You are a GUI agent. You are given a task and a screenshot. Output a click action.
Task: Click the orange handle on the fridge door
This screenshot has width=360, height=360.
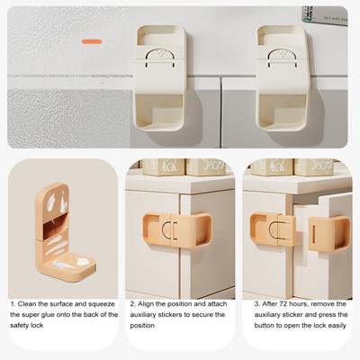[92, 41]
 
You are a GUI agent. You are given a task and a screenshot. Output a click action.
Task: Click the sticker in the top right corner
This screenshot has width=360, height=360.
[325, 15]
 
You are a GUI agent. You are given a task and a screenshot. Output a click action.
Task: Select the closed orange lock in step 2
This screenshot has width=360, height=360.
[177, 230]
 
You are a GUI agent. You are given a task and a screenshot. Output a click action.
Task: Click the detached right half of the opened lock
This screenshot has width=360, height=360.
[329, 234]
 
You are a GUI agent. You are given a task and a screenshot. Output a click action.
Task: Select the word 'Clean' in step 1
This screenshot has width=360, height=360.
[28, 304]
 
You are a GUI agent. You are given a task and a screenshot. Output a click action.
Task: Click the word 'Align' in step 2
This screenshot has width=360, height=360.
[146, 304]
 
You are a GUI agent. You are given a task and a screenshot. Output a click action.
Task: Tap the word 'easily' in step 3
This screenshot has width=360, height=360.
[337, 326]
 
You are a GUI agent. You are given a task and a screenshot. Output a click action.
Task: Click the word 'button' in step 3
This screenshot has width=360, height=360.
[264, 326]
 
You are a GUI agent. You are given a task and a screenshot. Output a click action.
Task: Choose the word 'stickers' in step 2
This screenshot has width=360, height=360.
[169, 315]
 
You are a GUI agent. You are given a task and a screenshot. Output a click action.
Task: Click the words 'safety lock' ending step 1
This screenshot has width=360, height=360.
[26, 326]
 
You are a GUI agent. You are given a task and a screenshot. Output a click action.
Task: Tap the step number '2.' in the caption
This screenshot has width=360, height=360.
[132, 304]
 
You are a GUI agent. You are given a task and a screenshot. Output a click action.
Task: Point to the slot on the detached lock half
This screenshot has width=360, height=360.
[313, 233]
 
